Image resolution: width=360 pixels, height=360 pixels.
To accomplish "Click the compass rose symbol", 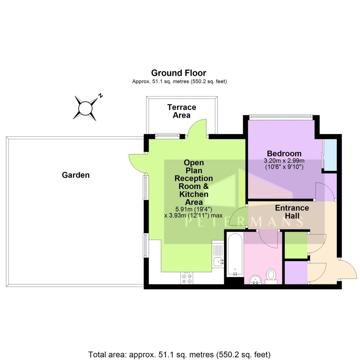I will (x=85, y=108).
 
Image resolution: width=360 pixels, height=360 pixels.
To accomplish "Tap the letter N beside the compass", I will (x=100, y=95).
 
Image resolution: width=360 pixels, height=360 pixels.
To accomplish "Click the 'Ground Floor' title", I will (x=179, y=73).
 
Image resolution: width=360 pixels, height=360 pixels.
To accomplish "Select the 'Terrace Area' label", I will (x=181, y=111).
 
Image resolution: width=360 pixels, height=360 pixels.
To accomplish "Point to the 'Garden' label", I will (x=76, y=175).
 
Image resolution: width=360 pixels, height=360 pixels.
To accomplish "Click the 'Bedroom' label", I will (x=284, y=153).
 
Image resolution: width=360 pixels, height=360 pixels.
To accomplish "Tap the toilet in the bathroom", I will (x=271, y=275).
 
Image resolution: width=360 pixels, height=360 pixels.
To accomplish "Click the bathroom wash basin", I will (x=255, y=280).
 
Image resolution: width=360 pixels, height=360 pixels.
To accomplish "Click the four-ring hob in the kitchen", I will (x=187, y=278).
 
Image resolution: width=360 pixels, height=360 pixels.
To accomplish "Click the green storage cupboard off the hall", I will (x=295, y=245).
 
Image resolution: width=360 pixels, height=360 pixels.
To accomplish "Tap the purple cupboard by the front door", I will (x=295, y=272).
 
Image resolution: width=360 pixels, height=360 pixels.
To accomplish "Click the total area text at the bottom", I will (x=180, y=354).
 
